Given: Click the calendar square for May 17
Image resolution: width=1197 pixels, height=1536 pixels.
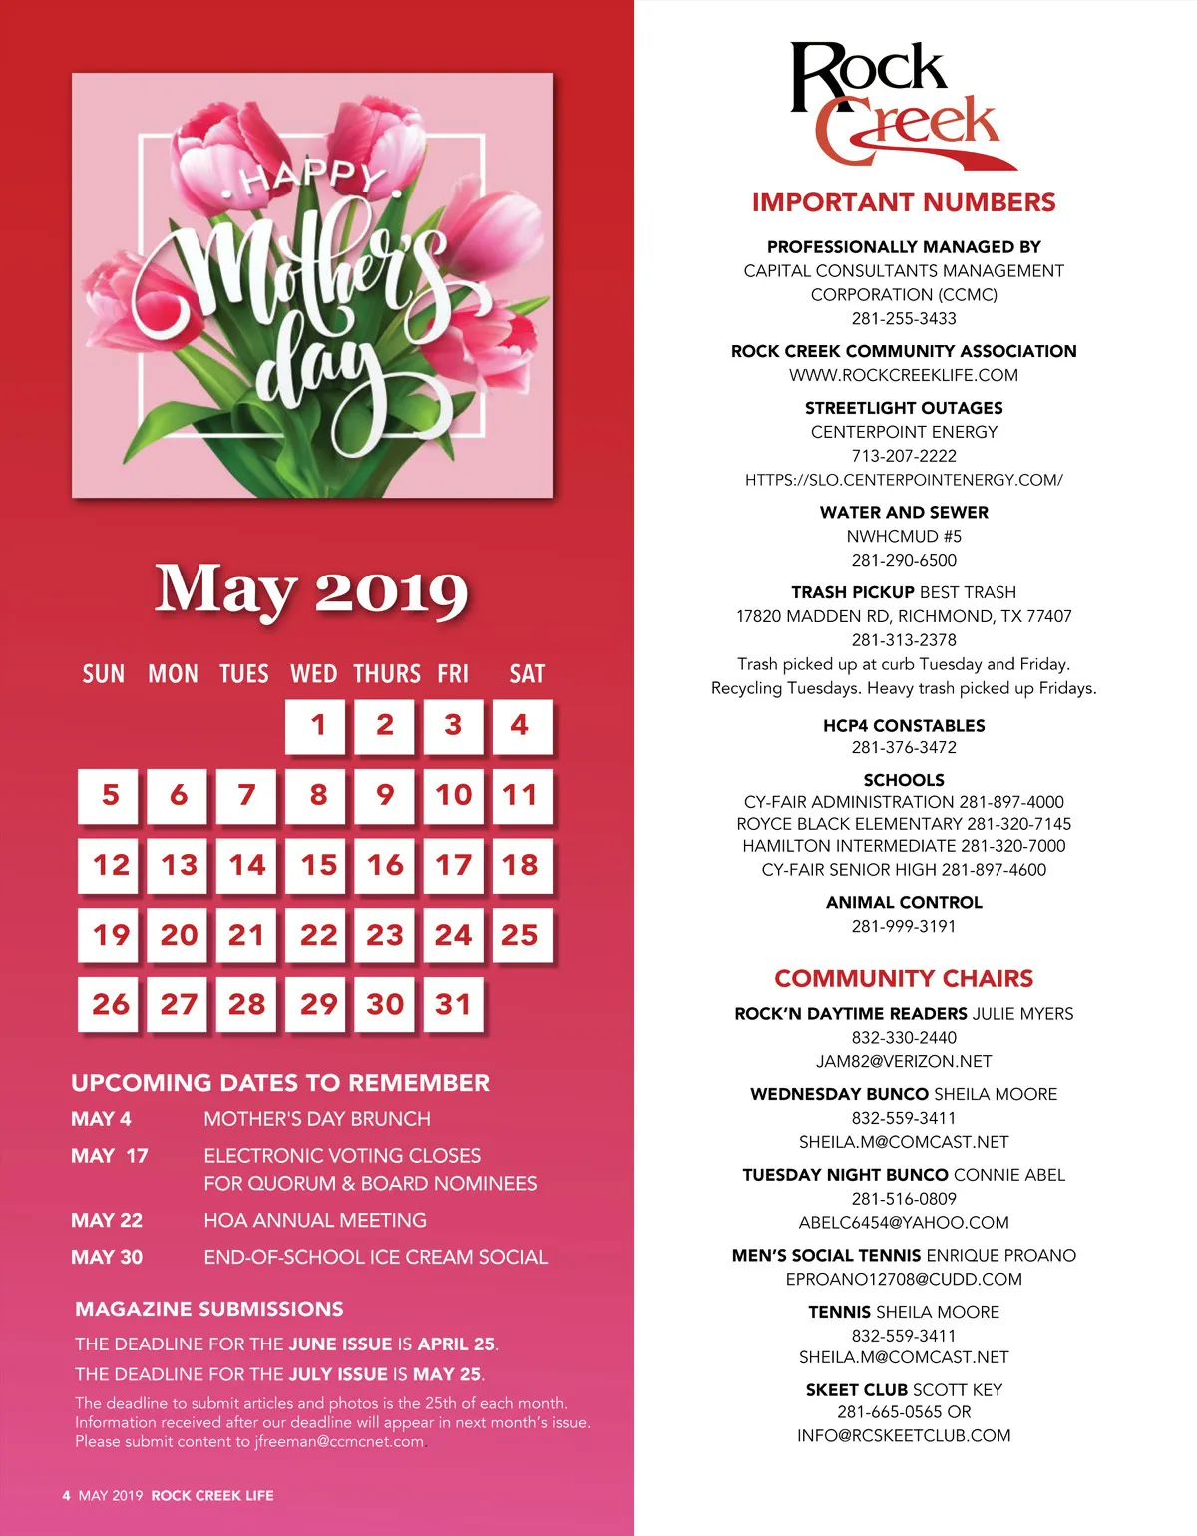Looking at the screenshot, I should point(453,865).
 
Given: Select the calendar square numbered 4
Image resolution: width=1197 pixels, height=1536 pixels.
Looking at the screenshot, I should point(521,725).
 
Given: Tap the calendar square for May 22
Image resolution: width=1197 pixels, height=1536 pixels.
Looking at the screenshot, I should point(318,935).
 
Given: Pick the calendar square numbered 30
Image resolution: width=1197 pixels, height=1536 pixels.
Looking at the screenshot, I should point(385,1004).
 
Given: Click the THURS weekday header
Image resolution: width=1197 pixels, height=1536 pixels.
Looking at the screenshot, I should point(387,674).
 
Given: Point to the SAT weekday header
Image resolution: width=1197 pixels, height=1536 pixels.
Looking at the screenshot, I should point(527,674).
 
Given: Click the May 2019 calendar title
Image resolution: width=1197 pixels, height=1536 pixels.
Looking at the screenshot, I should point(311,590).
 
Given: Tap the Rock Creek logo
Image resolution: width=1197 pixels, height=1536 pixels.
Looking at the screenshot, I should point(898,105).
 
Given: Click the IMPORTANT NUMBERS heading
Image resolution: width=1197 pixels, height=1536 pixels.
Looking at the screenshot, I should point(904,202).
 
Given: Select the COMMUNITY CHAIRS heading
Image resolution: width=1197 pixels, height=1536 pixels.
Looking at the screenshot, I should point(904,978).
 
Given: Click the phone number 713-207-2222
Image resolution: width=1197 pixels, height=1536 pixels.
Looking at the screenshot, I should point(904,456).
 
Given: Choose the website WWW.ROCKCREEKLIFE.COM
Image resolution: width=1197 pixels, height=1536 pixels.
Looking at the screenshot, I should point(904,375).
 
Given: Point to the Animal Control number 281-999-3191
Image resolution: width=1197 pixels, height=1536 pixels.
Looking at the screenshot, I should point(904,926).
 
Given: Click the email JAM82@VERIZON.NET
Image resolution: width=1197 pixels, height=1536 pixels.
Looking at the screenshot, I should point(904,1061).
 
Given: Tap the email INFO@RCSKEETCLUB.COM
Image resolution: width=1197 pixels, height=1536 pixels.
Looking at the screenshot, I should point(904,1435).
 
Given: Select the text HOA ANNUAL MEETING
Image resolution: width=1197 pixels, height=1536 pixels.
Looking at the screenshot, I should point(315,1220).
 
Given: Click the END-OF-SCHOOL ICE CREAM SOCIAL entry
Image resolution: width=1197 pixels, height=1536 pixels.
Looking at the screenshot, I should point(375,1257).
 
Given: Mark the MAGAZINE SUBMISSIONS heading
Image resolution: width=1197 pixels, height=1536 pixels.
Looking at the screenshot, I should point(209,1309).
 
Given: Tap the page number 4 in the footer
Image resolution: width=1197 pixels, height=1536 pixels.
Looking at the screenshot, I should point(66,1495).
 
